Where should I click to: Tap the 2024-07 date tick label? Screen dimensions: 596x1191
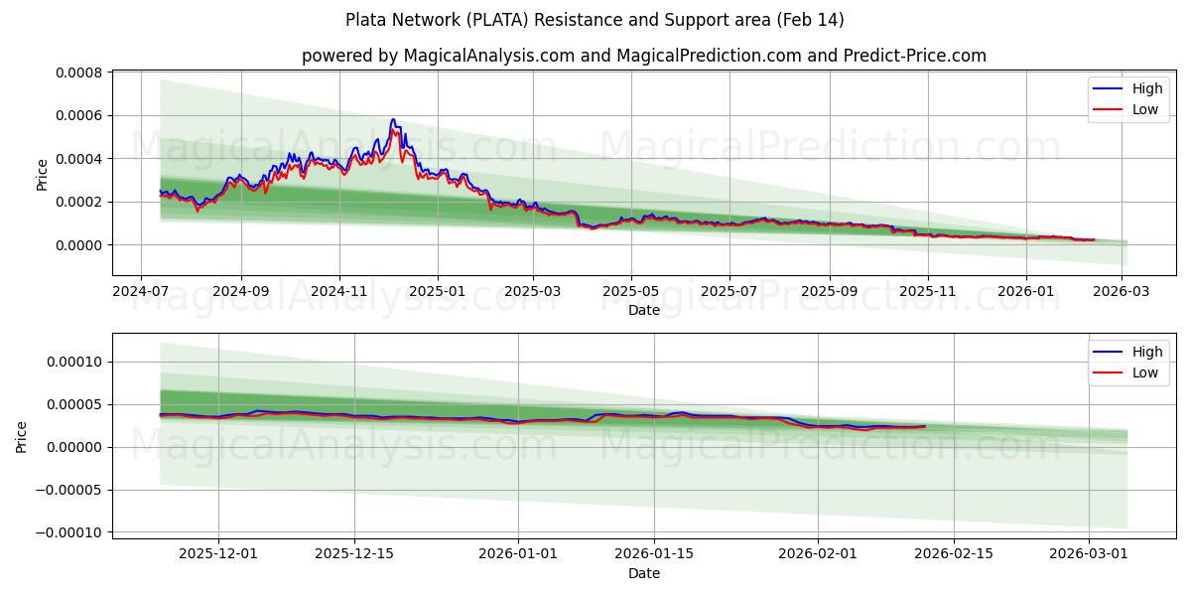(140, 292)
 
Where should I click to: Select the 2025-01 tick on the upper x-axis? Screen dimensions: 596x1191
(437, 292)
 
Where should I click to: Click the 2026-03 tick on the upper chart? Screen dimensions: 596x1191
(1122, 292)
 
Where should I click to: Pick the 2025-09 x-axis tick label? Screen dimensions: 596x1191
(828, 292)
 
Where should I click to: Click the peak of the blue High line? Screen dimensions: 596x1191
(393, 120)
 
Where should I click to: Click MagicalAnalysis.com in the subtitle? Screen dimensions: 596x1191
(489, 56)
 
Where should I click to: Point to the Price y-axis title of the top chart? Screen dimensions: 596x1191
(42, 174)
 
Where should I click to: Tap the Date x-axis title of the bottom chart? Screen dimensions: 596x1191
(644, 573)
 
